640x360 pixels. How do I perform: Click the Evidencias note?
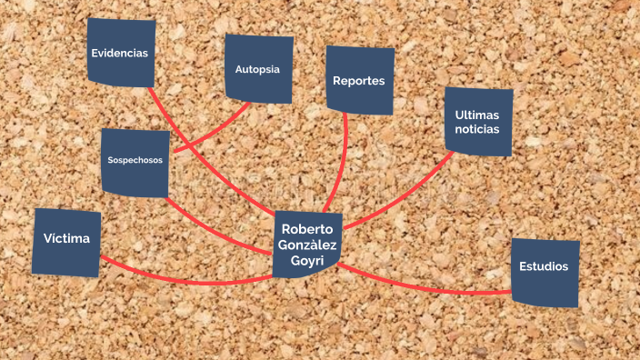(x=121, y=53)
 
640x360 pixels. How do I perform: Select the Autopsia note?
(x=259, y=68)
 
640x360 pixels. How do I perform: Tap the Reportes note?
(x=360, y=80)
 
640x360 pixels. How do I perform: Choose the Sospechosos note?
(x=135, y=163)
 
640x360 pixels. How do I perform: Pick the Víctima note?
(x=66, y=243)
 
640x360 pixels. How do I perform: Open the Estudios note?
(x=545, y=273)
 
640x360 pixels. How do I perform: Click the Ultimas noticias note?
(x=478, y=122)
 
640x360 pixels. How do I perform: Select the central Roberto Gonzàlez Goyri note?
(x=307, y=245)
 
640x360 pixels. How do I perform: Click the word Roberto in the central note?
(x=307, y=229)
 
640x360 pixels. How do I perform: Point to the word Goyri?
(x=307, y=261)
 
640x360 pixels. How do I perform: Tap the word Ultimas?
(x=476, y=115)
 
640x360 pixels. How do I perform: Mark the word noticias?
(x=476, y=129)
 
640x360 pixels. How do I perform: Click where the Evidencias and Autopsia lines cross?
(x=188, y=146)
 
